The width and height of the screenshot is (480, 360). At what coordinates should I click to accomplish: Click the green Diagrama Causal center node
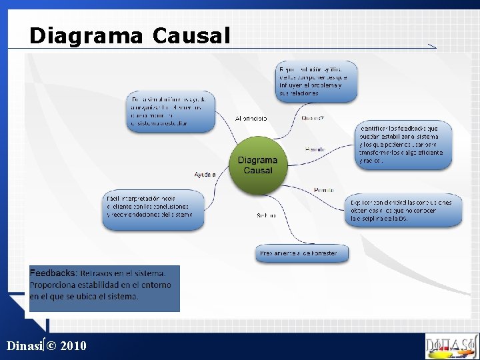tap(257, 166)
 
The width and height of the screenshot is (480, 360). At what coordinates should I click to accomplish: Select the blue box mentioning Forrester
tap(298, 253)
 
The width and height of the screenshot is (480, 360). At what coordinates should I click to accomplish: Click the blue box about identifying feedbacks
tap(404, 144)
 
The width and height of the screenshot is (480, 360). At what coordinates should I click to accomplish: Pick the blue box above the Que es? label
tap(317, 81)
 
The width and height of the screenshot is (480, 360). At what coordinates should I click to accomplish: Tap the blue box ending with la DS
tap(403, 211)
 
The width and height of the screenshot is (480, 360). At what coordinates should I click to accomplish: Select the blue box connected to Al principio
tap(171, 111)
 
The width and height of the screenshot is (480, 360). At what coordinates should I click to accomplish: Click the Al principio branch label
tap(251, 119)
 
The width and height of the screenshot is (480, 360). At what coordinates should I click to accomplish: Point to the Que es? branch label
tap(313, 119)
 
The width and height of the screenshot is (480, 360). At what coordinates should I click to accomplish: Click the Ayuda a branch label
tap(205, 175)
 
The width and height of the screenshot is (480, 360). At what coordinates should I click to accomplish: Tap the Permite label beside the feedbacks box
tap(315, 149)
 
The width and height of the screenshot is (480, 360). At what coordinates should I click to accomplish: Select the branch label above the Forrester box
tap(266, 215)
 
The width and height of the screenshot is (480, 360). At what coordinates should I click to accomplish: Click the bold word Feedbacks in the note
tap(53, 273)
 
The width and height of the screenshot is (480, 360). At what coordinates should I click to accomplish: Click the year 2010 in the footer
tap(73, 346)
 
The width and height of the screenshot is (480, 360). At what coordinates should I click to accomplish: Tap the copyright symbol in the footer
tap(51, 346)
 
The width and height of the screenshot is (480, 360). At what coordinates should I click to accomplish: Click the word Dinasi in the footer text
tap(23, 346)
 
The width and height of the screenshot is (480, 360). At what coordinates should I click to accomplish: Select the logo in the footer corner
tap(451, 346)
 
